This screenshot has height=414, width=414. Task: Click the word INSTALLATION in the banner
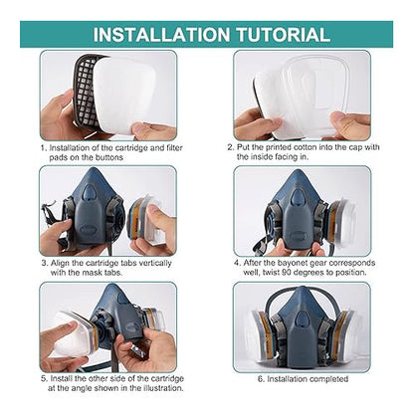coord(161,35)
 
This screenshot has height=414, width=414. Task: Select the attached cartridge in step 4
coord(341,221)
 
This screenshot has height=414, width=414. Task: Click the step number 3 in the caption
coord(44,264)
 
